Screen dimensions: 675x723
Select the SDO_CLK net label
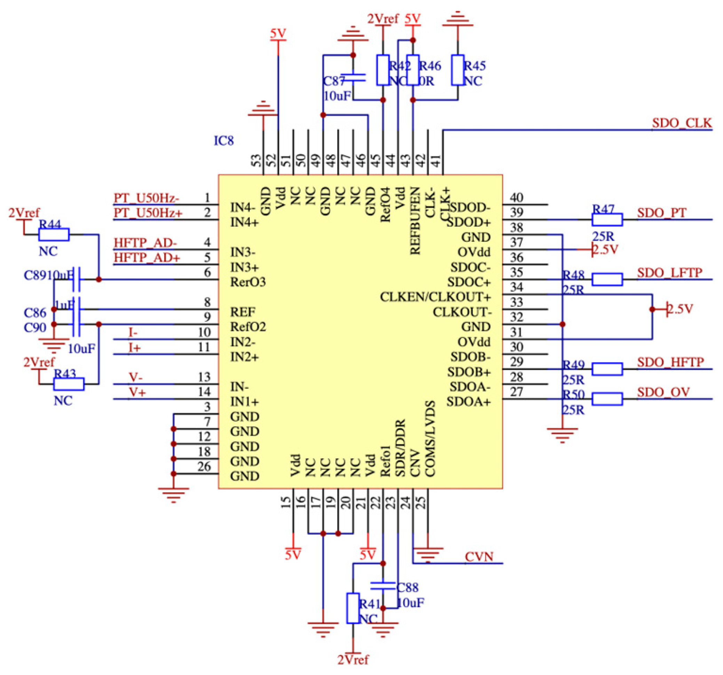tap(682, 123)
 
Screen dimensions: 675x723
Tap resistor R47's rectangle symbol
tap(607, 219)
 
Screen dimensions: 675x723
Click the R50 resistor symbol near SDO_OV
tap(607, 399)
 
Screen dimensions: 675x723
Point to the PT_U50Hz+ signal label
tap(148, 212)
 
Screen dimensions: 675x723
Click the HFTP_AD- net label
tap(145, 242)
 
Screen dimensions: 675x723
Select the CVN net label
tap(479, 557)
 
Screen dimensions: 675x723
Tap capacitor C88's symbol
tap(383, 586)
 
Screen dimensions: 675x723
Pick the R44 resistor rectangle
tap(54, 234)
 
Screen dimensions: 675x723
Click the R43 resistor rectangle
tap(69, 384)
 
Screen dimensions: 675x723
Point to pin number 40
tap(516, 198)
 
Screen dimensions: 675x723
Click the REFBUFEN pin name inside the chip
tap(415, 220)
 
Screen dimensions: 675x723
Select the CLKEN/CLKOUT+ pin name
tap(435, 297)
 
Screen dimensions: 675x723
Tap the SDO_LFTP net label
tap(669, 273)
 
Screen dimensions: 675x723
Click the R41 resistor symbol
tap(353, 608)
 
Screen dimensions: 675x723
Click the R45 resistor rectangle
tap(458, 70)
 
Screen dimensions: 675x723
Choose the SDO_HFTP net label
tap(670, 362)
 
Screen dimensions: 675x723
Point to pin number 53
tap(257, 161)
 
